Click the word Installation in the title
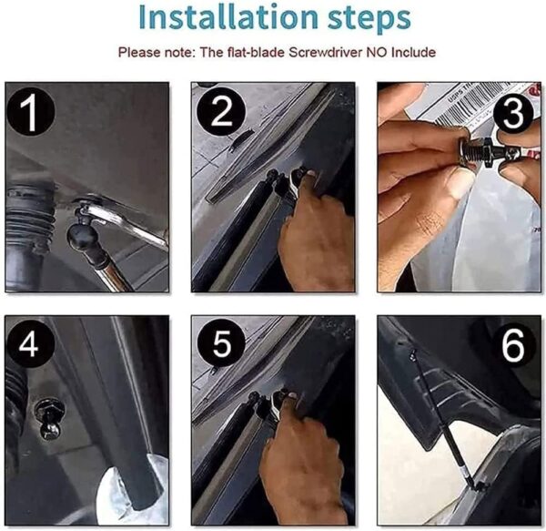228,17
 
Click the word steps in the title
369,18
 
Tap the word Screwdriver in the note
326,52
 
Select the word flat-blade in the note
256,52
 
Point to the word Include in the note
414,52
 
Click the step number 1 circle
31,111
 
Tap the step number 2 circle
221,111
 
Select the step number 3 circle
513,112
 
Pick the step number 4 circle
30,344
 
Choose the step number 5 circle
221,343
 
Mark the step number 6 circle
513,344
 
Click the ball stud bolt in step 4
49,418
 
